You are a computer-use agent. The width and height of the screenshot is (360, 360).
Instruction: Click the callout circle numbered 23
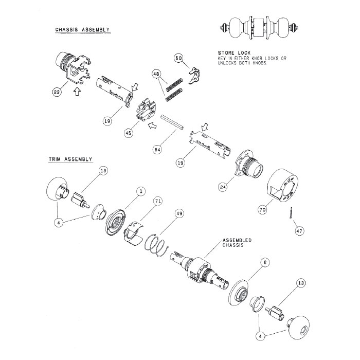(x=57, y=92)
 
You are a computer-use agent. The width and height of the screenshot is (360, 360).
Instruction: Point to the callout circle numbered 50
(x=179, y=58)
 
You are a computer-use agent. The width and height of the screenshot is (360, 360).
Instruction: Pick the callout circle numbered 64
(x=157, y=150)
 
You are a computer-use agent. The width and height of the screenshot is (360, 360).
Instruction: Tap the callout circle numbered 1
(x=140, y=191)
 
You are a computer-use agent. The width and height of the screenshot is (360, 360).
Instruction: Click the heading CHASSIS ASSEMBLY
(x=82, y=30)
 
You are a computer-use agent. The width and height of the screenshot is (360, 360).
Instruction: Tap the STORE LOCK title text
(x=233, y=52)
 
